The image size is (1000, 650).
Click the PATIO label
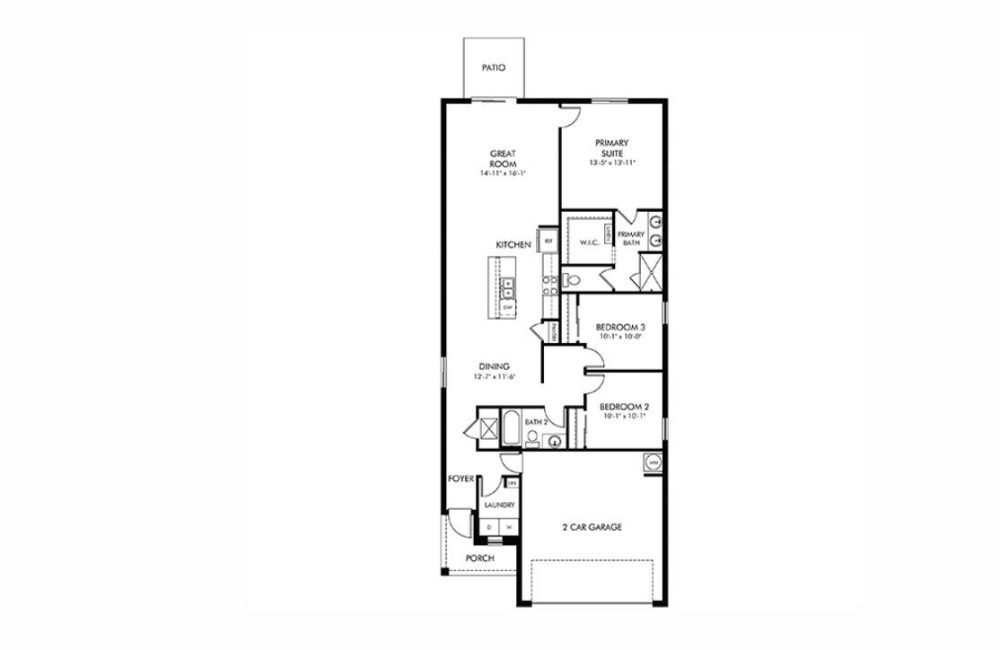(493, 67)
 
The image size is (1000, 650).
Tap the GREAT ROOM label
(502, 159)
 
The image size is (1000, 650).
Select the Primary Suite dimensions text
(611, 162)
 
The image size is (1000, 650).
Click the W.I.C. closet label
(589, 242)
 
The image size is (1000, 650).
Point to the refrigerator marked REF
(548, 242)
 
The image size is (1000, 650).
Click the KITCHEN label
(513, 245)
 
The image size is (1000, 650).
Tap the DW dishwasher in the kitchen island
(507, 308)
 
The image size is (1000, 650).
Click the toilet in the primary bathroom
(573, 281)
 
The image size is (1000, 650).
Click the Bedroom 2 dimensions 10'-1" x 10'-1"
(623, 417)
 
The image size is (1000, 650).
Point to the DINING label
(494, 366)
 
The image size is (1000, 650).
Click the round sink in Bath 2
(553, 441)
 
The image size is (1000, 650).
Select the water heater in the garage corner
(653, 462)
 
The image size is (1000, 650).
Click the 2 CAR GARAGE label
(592, 527)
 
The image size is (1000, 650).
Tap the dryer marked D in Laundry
(490, 527)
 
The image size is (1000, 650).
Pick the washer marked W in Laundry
(509, 527)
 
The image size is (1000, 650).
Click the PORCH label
(479, 558)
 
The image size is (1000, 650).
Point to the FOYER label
(461, 479)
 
